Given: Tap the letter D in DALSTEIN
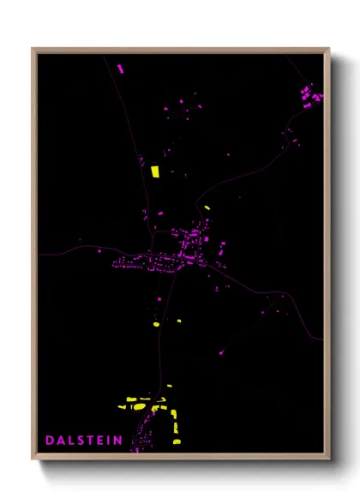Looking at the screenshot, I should (x=49, y=441).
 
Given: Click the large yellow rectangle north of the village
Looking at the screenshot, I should (x=155, y=171).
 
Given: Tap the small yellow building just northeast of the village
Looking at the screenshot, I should (x=207, y=207).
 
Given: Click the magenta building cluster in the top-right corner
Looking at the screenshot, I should (x=310, y=94).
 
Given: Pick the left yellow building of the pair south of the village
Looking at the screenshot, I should (x=156, y=324).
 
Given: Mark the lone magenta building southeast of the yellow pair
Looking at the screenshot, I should (x=223, y=351).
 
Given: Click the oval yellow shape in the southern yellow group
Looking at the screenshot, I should (x=139, y=408).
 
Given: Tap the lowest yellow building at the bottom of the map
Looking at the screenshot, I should (x=177, y=441).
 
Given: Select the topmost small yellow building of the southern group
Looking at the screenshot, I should (x=170, y=387).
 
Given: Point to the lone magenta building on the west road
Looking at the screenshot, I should (x=81, y=241).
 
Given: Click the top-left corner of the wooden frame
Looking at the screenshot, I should (x=33, y=49).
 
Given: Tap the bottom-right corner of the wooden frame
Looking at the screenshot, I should (x=328, y=459).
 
